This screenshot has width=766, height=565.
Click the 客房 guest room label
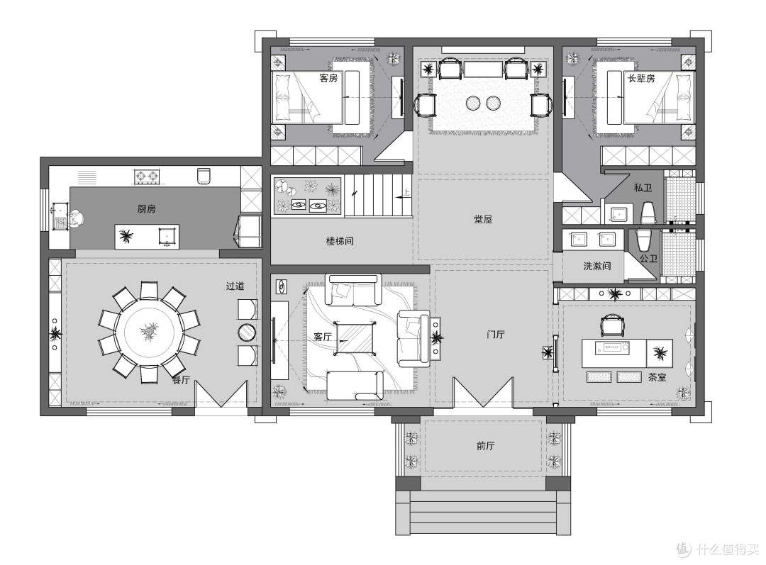point(328,78)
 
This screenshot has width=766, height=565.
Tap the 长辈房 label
point(640,78)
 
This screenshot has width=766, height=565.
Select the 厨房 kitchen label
point(146,209)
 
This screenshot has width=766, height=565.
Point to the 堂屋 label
point(483,219)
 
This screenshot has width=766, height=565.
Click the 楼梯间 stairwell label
point(340,241)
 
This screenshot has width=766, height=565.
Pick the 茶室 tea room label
point(657,377)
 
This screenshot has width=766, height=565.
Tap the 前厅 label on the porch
point(485,445)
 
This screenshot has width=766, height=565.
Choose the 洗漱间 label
point(597,266)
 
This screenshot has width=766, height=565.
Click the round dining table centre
point(149,332)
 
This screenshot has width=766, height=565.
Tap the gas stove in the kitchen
point(147,177)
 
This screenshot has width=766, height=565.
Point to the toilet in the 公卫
point(643,240)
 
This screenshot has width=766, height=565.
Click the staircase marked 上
point(378,196)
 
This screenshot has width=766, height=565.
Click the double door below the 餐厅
point(221,394)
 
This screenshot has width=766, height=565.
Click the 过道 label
point(235,286)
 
